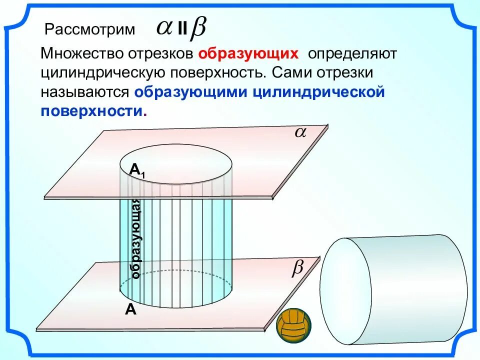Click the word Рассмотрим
tap(89, 29)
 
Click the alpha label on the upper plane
tap(300, 132)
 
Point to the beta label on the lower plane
tap(298, 268)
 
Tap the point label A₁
tap(136, 171)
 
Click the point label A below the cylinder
tap(131, 310)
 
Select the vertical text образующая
tap(135, 238)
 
